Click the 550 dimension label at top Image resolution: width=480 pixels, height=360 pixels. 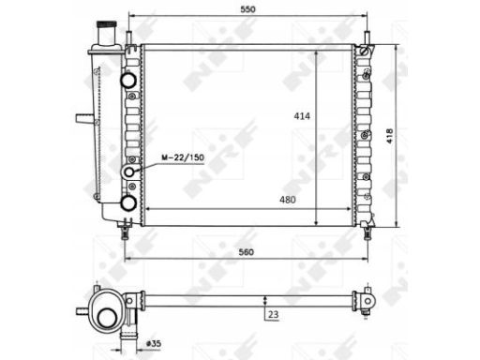pyautogui.click(x=247, y=9)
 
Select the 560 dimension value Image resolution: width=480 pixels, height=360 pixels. pyautogui.click(x=247, y=252)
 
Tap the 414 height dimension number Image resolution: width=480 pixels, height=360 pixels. pyautogui.click(x=302, y=116)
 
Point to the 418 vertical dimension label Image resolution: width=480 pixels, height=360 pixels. pyautogui.click(x=389, y=136)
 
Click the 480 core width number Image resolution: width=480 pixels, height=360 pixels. pyautogui.click(x=288, y=200)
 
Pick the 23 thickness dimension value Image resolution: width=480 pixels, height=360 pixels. pyautogui.click(x=273, y=314)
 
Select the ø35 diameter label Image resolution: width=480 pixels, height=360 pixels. pyautogui.click(x=154, y=344)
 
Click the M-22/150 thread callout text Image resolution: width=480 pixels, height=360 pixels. pyautogui.click(x=183, y=157)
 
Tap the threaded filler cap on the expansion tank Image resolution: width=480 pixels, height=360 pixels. pyautogui.click(x=106, y=24)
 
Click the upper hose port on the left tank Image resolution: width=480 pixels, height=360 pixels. pyautogui.click(x=128, y=80)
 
